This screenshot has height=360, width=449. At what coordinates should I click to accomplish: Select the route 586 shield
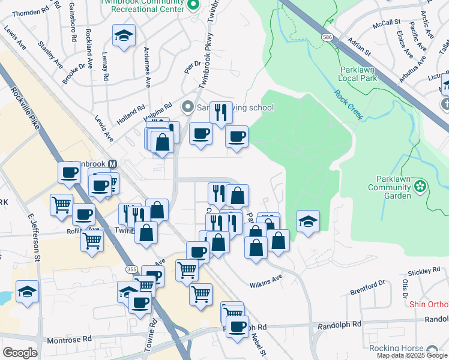(x=327, y=37)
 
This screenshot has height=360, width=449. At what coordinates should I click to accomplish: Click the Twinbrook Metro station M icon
(x=112, y=164)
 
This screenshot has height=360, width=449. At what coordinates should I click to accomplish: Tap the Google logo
(x=20, y=353)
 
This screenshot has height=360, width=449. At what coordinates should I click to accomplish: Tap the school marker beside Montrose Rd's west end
(x=27, y=292)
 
